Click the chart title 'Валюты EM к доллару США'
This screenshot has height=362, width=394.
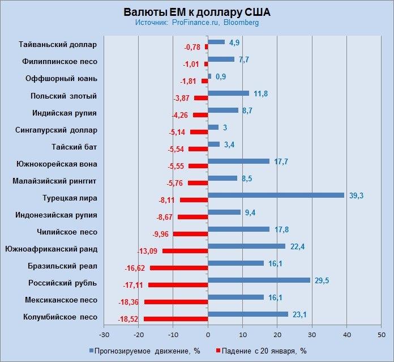(197, 12)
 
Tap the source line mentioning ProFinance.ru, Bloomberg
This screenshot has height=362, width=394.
(197, 23)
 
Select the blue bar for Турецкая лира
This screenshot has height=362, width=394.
(276, 195)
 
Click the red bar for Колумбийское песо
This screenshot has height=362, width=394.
(176, 320)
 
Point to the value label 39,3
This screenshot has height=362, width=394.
(356, 195)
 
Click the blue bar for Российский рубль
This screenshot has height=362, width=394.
(259, 280)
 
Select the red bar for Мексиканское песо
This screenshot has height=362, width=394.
(176, 303)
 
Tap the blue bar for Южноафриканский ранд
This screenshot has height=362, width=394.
(246, 246)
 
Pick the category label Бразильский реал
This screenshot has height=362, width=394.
(62, 266)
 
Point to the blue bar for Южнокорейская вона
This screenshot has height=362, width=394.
(238, 161)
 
